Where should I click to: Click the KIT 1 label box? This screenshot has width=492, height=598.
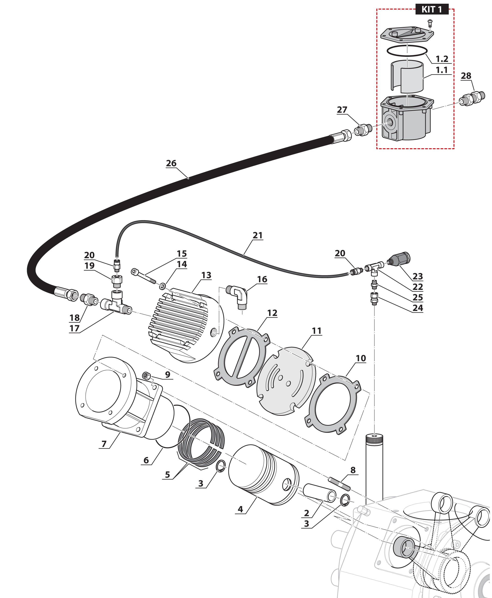tap(432, 9)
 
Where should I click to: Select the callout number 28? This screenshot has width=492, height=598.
tap(466, 76)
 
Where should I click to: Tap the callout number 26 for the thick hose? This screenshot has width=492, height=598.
tap(171, 164)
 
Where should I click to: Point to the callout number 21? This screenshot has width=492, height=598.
tap(258, 236)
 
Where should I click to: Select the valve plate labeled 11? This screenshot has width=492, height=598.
tap(286, 381)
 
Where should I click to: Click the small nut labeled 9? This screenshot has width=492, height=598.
tap(146, 376)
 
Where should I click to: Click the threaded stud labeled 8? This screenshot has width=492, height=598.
tap(340, 484)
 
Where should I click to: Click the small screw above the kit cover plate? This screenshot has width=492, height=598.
tap(430, 22)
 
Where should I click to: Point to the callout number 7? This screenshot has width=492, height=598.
tap(104, 444)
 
